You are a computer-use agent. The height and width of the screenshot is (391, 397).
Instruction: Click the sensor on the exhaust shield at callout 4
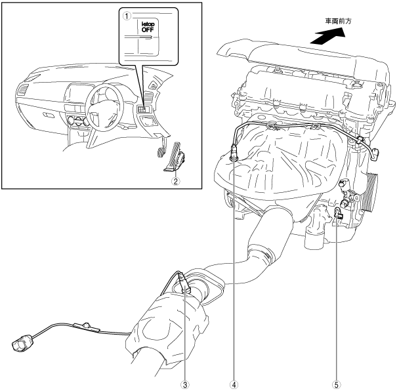pos(234,156)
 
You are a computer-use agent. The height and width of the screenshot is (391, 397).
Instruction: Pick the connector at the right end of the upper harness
pos(375,154)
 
